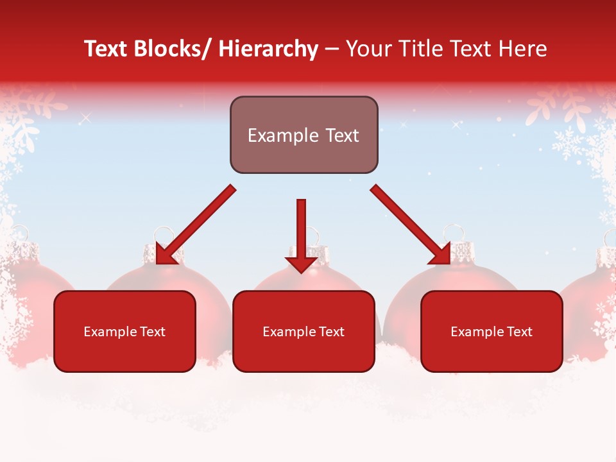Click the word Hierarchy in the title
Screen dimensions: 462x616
268,49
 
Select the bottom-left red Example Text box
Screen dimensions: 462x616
124,353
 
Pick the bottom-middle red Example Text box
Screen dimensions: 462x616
304,353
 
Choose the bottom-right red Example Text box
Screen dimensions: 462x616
492,353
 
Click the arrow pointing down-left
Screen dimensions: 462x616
196,224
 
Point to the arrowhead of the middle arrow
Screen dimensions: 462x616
301,264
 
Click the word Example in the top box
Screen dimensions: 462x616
274,135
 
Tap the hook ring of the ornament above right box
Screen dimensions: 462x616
454,232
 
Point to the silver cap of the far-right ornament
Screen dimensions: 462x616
606,257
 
